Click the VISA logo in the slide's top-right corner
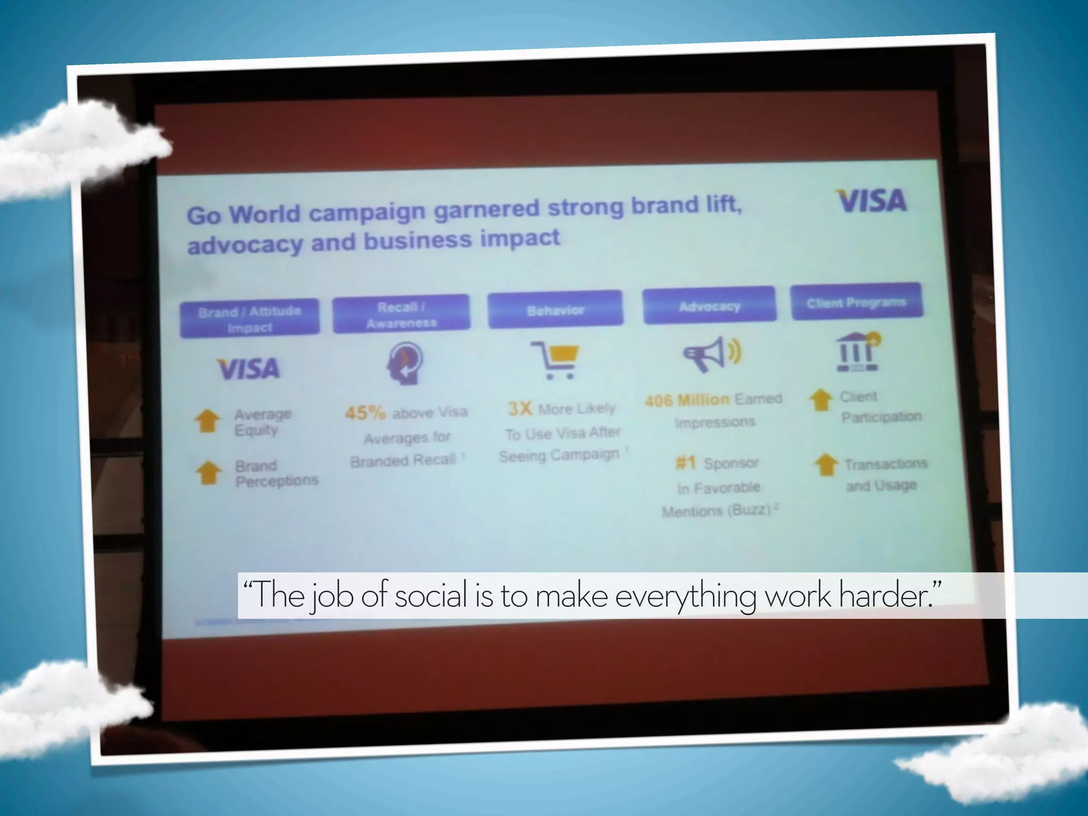[871, 201]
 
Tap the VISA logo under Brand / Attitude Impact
[248, 369]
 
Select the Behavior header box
[555, 310]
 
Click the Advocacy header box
[709, 305]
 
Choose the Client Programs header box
[856, 302]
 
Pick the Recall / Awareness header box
[401, 314]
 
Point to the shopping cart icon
[556, 360]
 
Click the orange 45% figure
[365, 413]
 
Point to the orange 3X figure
[520, 409]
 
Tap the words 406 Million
[687, 400]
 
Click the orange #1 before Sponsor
[685, 463]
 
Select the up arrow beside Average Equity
[207, 421]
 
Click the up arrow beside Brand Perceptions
[209, 472]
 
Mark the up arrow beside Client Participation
[821, 400]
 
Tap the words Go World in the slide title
[244, 215]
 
